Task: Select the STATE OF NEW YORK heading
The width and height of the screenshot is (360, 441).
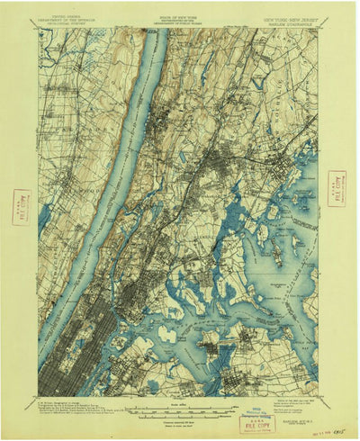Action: [x=180, y=16]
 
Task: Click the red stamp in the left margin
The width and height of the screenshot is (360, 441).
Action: [x=22, y=207]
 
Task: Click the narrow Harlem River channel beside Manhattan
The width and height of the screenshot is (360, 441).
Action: [x=135, y=270]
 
